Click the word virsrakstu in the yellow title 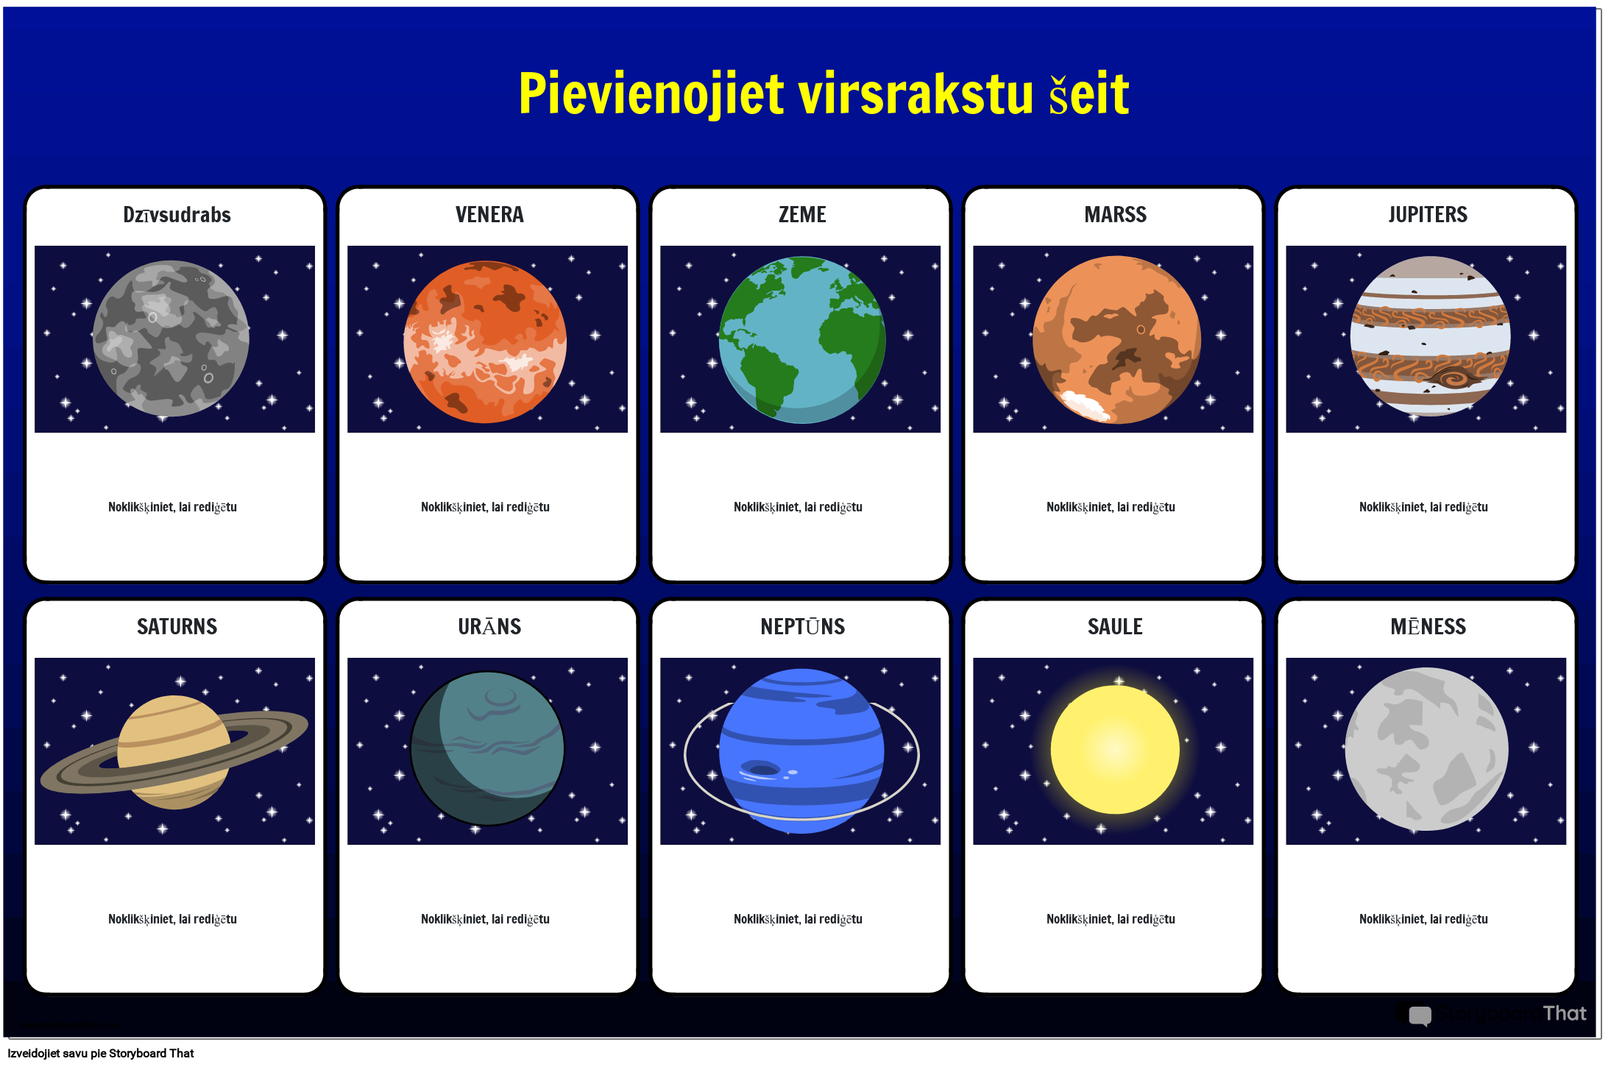click(x=916, y=94)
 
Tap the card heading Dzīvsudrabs click(x=177, y=214)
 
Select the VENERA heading click(x=489, y=214)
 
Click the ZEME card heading click(x=802, y=214)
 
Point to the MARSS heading click(x=1115, y=214)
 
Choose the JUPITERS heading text click(x=1428, y=214)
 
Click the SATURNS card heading click(x=177, y=626)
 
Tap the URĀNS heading click(x=489, y=626)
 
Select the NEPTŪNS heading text click(x=802, y=626)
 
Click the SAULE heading click(x=1115, y=626)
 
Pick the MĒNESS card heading click(x=1428, y=626)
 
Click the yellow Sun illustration click(x=1115, y=749)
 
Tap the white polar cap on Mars click(x=1083, y=404)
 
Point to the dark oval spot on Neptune click(x=762, y=770)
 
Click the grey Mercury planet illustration click(x=171, y=338)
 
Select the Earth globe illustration click(x=802, y=339)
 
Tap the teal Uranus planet click(x=487, y=748)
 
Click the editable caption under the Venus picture click(x=485, y=507)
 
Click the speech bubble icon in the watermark click(x=1420, y=1015)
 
